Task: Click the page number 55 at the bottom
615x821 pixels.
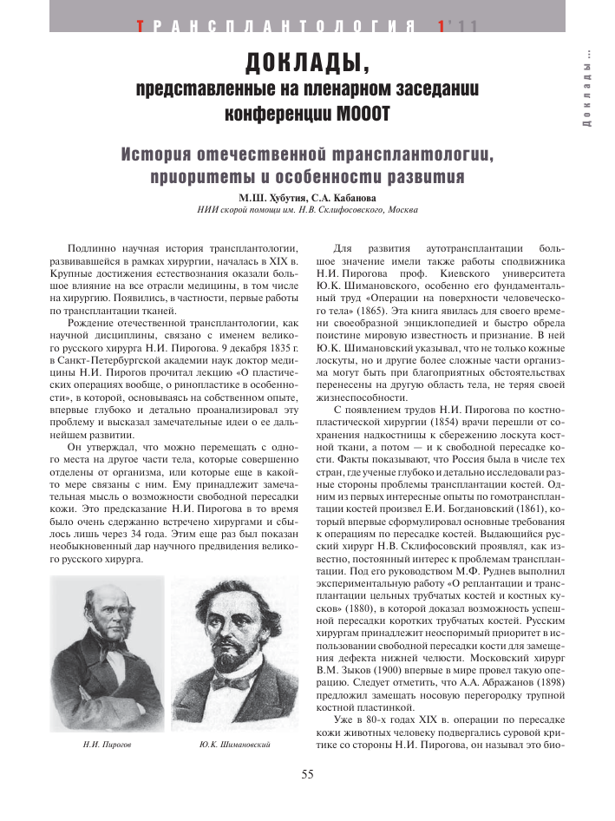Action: [x=307, y=775]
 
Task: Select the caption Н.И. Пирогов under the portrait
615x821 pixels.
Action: [x=89, y=745]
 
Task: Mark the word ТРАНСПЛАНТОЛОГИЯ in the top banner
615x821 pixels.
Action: [x=274, y=27]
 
